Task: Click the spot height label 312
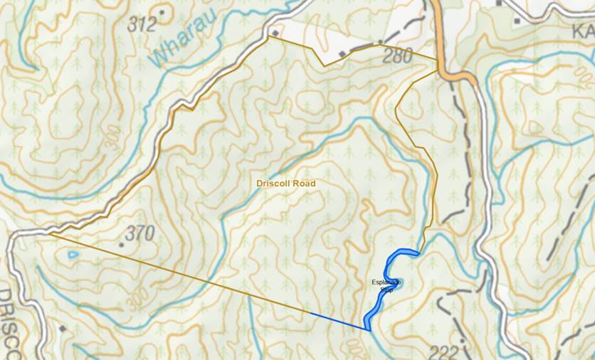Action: point(142,24)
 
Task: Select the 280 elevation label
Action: point(397,56)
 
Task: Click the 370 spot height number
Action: point(139,233)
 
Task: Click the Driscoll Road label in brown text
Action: point(285,184)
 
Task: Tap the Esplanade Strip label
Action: point(386,286)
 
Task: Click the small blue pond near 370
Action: point(70,254)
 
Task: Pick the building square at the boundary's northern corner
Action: point(275,33)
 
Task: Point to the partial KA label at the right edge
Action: point(583,33)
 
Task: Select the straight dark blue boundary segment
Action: point(339,321)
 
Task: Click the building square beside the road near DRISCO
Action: point(63,329)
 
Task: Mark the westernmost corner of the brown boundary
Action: point(50,233)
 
